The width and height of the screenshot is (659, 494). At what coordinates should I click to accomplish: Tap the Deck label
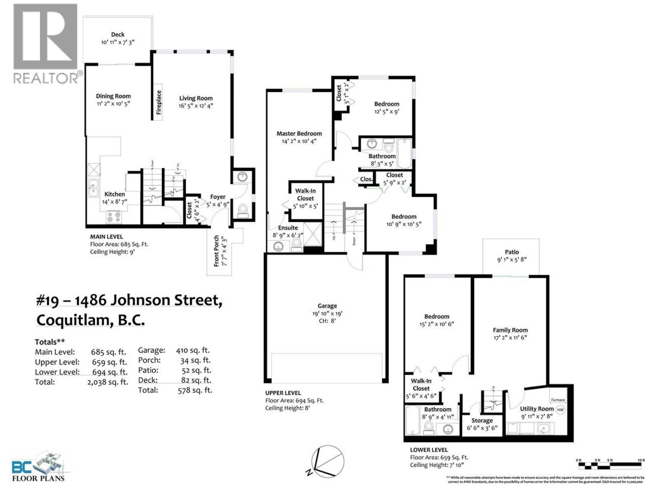click(x=118, y=35)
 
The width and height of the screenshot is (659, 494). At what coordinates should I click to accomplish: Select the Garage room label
click(x=327, y=306)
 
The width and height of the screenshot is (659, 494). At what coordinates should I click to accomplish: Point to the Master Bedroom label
click(x=299, y=133)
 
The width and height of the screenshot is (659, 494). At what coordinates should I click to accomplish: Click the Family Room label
click(x=510, y=330)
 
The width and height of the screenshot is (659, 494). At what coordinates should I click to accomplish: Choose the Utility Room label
click(x=536, y=409)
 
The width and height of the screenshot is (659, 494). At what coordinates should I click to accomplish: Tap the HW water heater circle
click(x=560, y=410)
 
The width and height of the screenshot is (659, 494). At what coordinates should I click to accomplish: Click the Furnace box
click(x=558, y=400)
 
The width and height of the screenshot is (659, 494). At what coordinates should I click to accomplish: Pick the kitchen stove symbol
click(x=114, y=217)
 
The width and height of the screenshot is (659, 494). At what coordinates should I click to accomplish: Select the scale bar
click(x=610, y=466)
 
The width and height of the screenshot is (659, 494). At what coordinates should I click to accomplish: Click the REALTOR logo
click(x=45, y=43)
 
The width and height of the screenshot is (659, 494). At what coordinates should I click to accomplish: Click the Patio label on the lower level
click(x=512, y=252)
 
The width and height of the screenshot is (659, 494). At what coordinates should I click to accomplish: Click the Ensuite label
click(x=287, y=228)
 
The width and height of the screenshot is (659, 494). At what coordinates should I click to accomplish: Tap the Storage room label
click(x=482, y=420)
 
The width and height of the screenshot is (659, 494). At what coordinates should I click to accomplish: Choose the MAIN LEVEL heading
click(x=106, y=237)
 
